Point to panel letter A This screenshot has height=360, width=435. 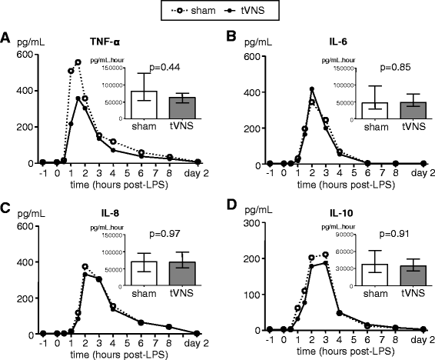(5, 37)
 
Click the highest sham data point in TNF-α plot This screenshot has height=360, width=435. (78, 62)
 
